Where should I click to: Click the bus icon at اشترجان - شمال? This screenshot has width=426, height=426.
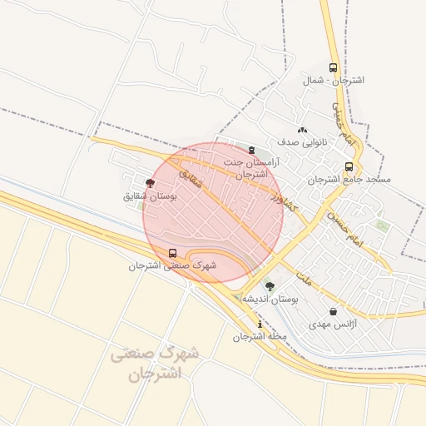tap(333, 68)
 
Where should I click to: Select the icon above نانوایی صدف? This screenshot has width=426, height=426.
tap(302, 131)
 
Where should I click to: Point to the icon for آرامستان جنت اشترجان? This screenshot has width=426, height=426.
tap(252, 151)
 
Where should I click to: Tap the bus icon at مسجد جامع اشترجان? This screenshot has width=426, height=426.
tap(349, 166)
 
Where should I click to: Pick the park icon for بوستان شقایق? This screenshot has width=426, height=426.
tap(150, 182)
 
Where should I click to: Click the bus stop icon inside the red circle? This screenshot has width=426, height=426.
tap(172, 253)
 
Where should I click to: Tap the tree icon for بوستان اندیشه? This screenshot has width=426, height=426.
tap(269, 285)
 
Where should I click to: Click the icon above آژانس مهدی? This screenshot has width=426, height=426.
tap(334, 311)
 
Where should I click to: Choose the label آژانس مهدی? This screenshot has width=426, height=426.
tap(332, 324)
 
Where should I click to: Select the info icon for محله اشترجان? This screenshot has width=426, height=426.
tap(260, 324)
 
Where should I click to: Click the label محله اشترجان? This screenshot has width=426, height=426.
tap(260, 337)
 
